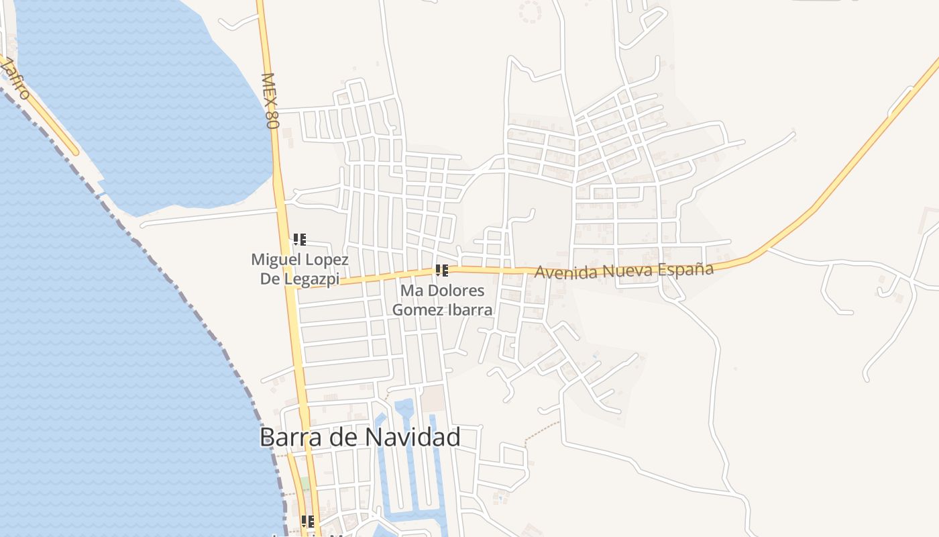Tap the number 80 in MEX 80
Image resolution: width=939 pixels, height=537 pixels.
point(272,119)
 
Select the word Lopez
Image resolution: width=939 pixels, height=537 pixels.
point(327,259)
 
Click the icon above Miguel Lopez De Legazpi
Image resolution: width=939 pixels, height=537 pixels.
point(299,240)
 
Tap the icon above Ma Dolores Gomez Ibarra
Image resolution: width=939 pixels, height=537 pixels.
point(441,271)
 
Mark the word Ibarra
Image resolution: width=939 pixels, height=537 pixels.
point(470,310)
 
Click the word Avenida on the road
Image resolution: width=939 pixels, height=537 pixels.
point(564,273)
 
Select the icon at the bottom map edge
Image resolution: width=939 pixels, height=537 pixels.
point(308,521)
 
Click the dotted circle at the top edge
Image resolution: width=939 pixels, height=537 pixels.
point(531,11)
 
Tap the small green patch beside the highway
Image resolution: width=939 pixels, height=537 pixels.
point(305,483)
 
